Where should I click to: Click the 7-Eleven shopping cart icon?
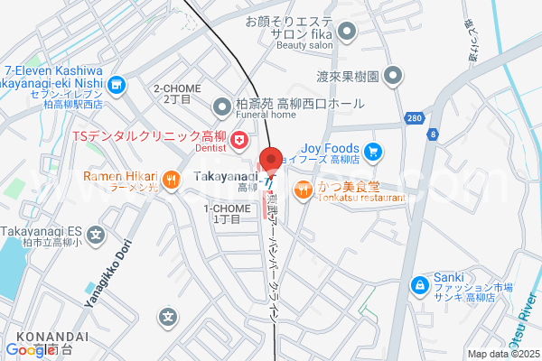(x=116, y=86)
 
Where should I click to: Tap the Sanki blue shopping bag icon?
(x=419, y=286)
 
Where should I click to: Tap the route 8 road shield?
(x=433, y=134)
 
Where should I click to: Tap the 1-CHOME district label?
(x=221, y=213)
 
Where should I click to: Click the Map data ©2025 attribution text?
(x=501, y=354)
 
